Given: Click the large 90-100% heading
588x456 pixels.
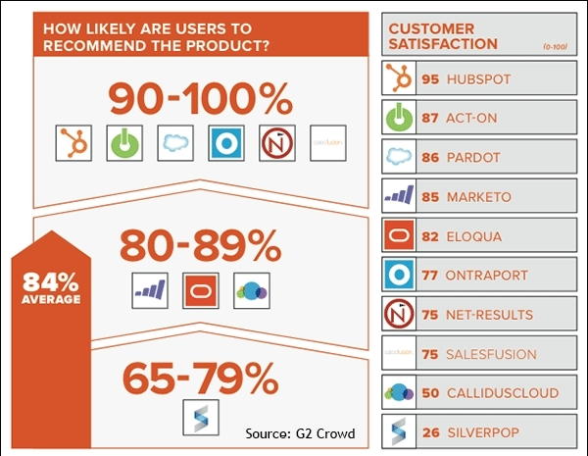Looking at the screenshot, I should (200, 100).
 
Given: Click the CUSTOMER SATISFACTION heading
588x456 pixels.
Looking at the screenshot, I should (444, 36).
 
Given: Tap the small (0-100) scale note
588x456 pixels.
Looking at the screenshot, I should (555, 47).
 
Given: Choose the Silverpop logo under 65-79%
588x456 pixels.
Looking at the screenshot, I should (200, 415).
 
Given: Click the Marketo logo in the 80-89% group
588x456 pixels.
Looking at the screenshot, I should (149, 290).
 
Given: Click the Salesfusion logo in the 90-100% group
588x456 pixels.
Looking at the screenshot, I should (325, 143).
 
